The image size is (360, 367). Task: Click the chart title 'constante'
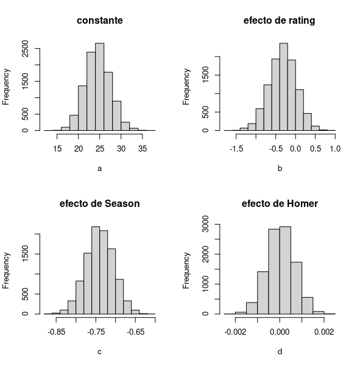tap(100, 21)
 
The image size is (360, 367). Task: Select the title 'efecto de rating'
tap(280, 21)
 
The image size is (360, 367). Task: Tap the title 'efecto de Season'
tap(100, 204)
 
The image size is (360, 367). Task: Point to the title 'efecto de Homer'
tap(280, 204)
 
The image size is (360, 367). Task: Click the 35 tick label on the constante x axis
tap(142, 148)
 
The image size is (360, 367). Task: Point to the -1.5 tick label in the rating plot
tap(236, 148)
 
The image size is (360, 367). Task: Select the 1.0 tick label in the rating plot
tap(335, 148)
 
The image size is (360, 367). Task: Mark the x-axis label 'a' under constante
tap(100, 169)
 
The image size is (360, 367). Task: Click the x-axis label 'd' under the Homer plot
tap(280, 352)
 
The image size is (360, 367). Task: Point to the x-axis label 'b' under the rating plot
tap(280, 169)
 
